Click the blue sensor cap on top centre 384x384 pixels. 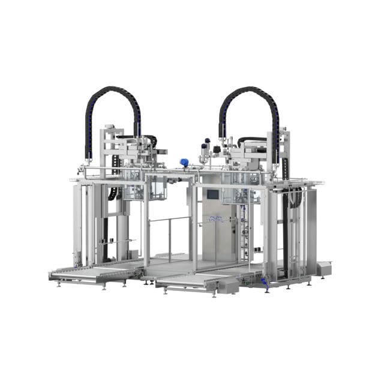coord(185,162)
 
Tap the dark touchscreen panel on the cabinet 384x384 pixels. coord(212,194)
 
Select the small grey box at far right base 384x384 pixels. coord(323,268)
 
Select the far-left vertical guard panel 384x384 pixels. coord(78,222)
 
